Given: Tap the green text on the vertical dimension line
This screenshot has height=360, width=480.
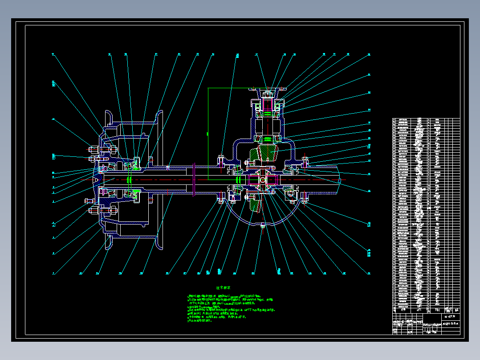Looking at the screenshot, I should tap(208, 133).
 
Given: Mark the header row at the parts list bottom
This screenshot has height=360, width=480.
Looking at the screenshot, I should tap(426, 310).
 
